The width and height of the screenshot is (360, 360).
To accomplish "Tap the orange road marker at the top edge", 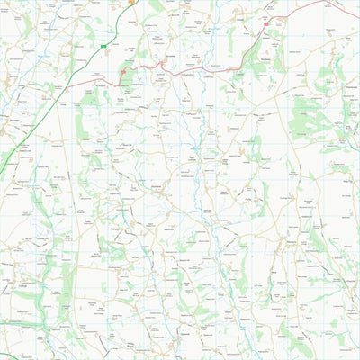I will [x=130, y=2].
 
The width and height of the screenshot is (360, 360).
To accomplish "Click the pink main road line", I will [x=180, y=70].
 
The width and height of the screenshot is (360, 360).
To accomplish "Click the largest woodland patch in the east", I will [x=315, y=117].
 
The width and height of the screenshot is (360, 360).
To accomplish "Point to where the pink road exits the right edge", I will [x=358, y=17].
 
